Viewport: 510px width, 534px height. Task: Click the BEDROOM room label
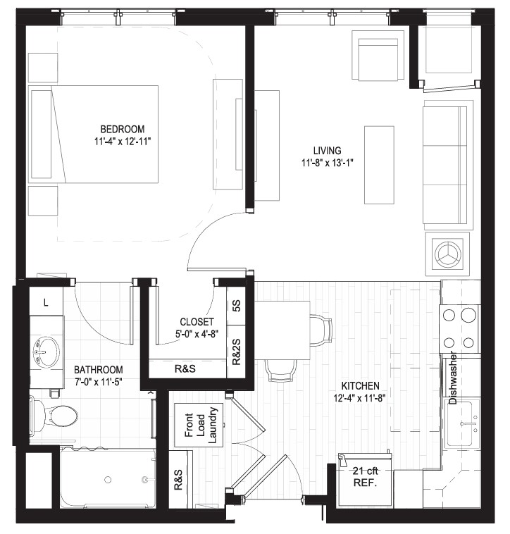123,129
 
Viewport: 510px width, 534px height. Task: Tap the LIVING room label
327,151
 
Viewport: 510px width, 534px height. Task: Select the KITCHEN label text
360,386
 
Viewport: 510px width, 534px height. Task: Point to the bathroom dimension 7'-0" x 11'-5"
99,382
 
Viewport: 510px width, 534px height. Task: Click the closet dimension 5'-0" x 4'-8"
197,334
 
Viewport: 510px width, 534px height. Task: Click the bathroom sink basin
46,352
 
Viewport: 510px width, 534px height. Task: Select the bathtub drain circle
108,480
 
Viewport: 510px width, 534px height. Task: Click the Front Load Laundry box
199,425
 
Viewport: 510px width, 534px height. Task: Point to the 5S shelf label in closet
237,306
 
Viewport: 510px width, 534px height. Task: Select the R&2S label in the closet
237,352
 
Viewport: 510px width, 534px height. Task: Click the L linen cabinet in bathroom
46,302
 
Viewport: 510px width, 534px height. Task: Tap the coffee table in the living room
379,165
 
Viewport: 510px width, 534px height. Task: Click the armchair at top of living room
378,56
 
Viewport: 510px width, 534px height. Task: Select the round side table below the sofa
447,254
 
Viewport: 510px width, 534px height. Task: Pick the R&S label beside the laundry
178,480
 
